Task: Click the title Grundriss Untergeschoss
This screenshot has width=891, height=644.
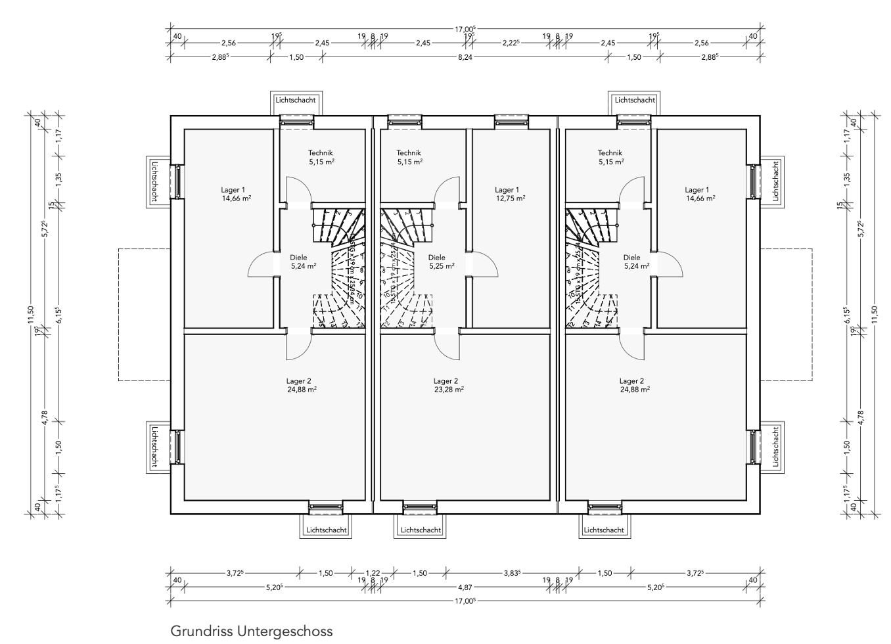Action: pyautogui.click(x=252, y=632)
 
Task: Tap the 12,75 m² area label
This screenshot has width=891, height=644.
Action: pyautogui.click(x=510, y=198)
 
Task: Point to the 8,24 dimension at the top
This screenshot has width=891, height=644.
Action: pyautogui.click(x=465, y=57)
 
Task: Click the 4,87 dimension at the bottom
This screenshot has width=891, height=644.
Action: pyautogui.click(x=465, y=587)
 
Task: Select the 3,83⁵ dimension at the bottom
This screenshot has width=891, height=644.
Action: pyautogui.click(x=512, y=573)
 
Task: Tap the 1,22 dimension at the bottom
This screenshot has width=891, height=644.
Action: pyautogui.click(x=373, y=573)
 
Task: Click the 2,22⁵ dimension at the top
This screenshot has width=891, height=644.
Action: pyautogui.click(x=510, y=43)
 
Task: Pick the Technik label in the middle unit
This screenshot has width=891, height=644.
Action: pyautogui.click(x=409, y=152)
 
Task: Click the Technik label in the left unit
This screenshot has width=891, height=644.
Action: pyautogui.click(x=321, y=152)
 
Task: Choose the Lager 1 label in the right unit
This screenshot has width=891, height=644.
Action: pyautogui.click(x=698, y=190)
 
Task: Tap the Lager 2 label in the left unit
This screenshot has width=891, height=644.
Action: pyautogui.click(x=299, y=380)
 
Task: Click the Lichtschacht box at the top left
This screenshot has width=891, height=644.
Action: pyautogui.click(x=296, y=101)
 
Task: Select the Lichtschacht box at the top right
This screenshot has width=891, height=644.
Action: pyautogui.click(x=635, y=101)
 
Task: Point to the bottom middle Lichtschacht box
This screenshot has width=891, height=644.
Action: pyautogui.click(x=421, y=529)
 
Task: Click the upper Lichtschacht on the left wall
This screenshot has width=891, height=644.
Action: pyautogui.click(x=154, y=181)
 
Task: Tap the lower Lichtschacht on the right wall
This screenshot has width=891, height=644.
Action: pyautogui.click(x=775, y=446)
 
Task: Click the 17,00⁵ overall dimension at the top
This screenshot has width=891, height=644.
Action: pyautogui.click(x=465, y=30)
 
